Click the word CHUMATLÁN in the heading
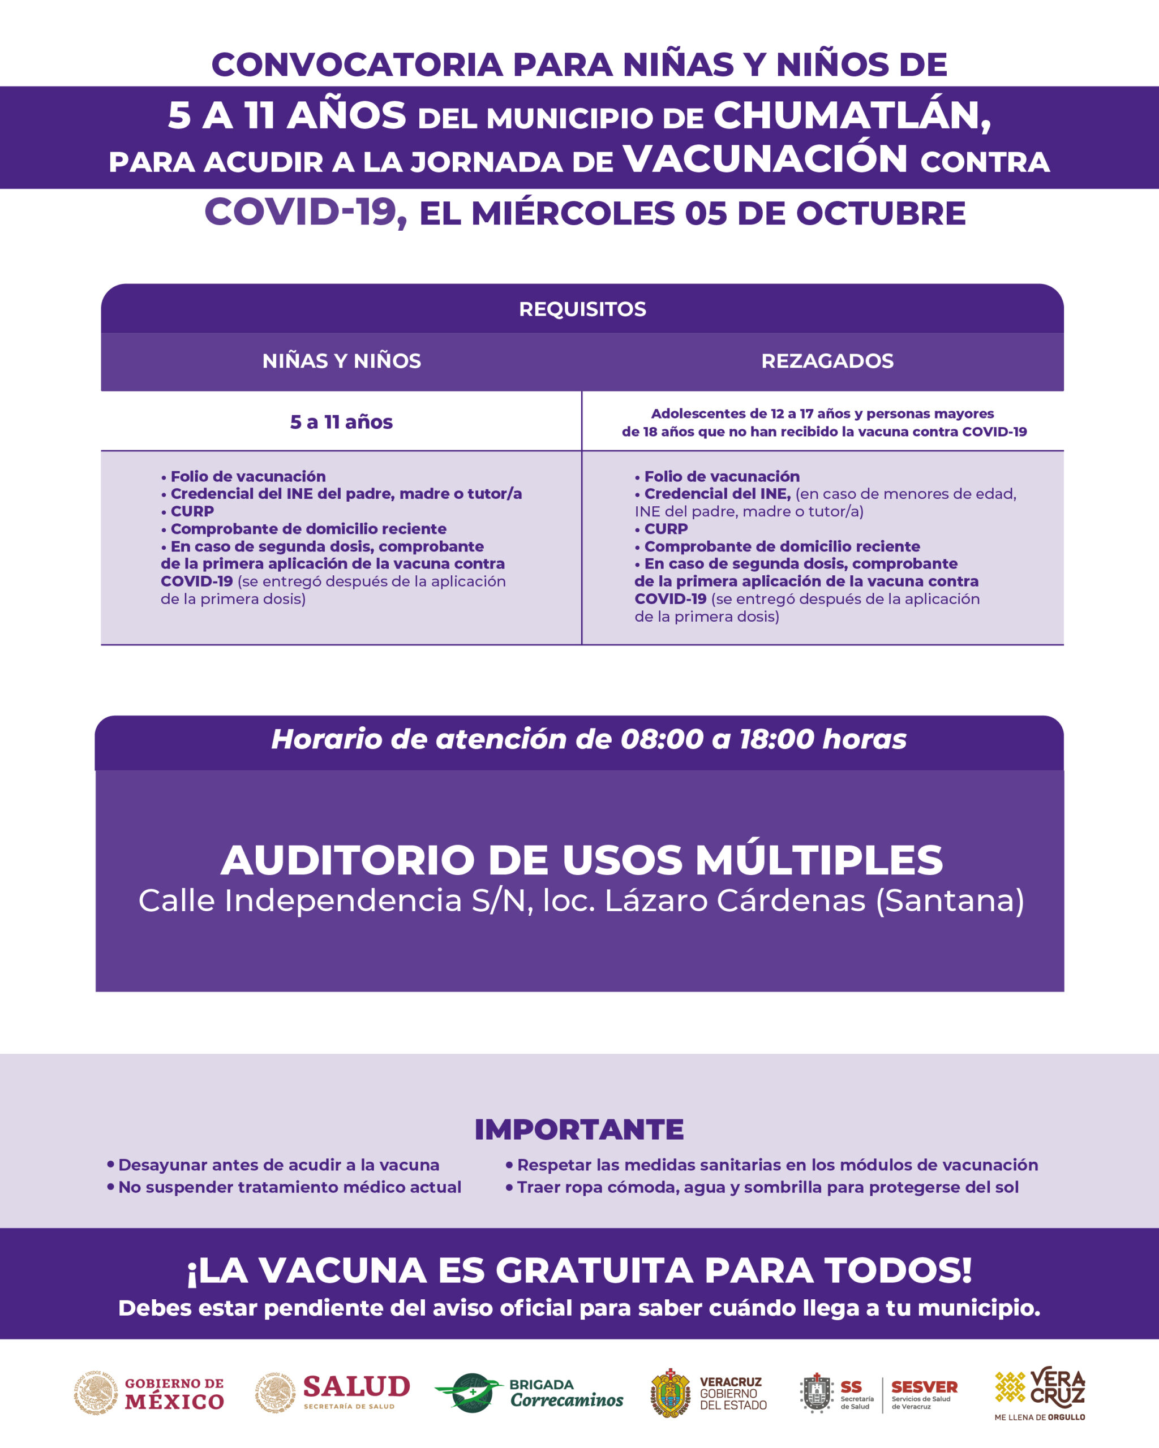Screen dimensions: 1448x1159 (851, 115)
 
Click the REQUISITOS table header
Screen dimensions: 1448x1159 (582, 309)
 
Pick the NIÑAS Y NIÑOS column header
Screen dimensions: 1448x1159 (341, 361)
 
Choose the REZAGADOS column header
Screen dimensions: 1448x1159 (827, 361)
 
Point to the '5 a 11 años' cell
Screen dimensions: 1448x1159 (341, 422)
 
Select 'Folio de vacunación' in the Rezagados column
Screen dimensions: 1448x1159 (721, 476)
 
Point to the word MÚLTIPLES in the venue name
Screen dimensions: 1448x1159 (818, 860)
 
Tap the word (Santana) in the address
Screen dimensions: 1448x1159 (950, 900)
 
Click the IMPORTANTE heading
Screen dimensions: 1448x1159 (579, 1130)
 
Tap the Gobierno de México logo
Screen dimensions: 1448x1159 (149, 1394)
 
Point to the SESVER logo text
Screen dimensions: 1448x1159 (924, 1387)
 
